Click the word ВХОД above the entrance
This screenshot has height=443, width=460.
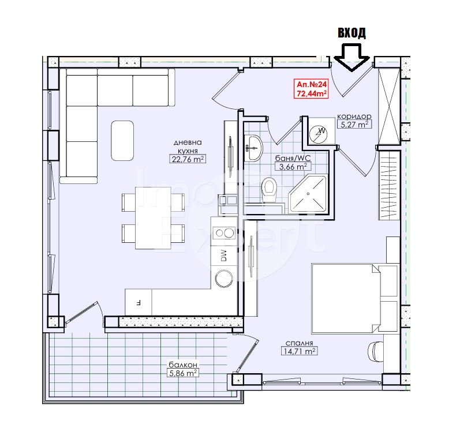pyautogui.click(x=351, y=33)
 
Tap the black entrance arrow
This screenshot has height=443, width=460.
pyautogui.click(x=351, y=58)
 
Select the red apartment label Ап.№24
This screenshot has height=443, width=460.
pyautogui.click(x=312, y=84)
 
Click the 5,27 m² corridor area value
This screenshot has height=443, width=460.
pyautogui.click(x=354, y=125)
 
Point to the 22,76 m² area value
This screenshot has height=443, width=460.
pyautogui.click(x=188, y=159)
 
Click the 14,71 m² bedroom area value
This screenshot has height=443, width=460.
pyautogui.click(x=299, y=351)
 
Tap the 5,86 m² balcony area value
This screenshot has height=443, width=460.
pyautogui.click(x=182, y=373)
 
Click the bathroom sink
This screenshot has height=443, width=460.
pyautogui.click(x=253, y=148)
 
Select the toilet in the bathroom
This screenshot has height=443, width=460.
pyautogui.click(x=269, y=190)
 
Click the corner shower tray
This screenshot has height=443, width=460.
pyautogui.click(x=308, y=194)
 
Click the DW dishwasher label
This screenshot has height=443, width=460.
pyautogui.click(x=224, y=256)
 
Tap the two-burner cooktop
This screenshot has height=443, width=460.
pyautogui.click(x=225, y=234)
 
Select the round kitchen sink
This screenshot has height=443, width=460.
pyautogui.click(x=224, y=278)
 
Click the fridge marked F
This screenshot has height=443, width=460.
pyautogui.click(x=139, y=302)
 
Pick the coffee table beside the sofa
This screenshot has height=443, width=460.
pyautogui.click(x=122, y=141)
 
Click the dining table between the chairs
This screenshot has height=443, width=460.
pyautogui.click(x=153, y=218)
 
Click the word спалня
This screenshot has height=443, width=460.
pyautogui.click(x=299, y=343)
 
